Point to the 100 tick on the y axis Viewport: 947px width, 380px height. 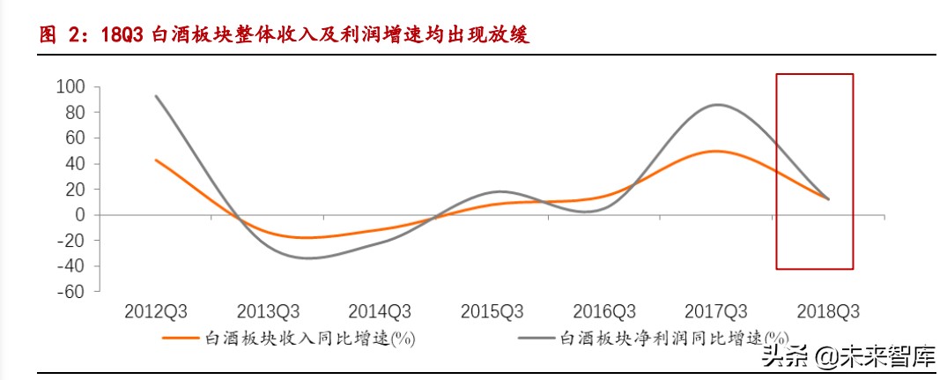pyautogui.click(x=70, y=86)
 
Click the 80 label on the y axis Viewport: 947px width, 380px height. pyautogui.click(x=73, y=112)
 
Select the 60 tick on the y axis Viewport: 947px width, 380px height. pyautogui.click(x=73, y=138)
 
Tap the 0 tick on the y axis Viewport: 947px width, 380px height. pyautogui.click(x=79, y=215)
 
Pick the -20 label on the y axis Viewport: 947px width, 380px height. pyautogui.click(x=70, y=241)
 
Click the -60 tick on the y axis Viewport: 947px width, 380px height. pyautogui.click(x=70, y=292)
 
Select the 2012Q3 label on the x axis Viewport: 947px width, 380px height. pyautogui.click(x=156, y=312)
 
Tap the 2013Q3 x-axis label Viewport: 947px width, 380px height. pyautogui.click(x=268, y=312)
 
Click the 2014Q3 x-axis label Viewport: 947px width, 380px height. pyautogui.click(x=380, y=312)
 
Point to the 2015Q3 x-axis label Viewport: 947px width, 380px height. pyautogui.click(x=492, y=312)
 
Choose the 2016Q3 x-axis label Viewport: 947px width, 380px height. pyautogui.click(x=604, y=312)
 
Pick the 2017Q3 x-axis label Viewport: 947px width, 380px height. pyautogui.click(x=716, y=312)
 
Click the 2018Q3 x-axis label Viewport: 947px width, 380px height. pyautogui.click(x=828, y=312)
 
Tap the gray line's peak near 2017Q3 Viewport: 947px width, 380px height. pyautogui.click(x=718, y=105)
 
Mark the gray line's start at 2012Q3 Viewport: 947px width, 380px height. pyautogui.click(x=156, y=96)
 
